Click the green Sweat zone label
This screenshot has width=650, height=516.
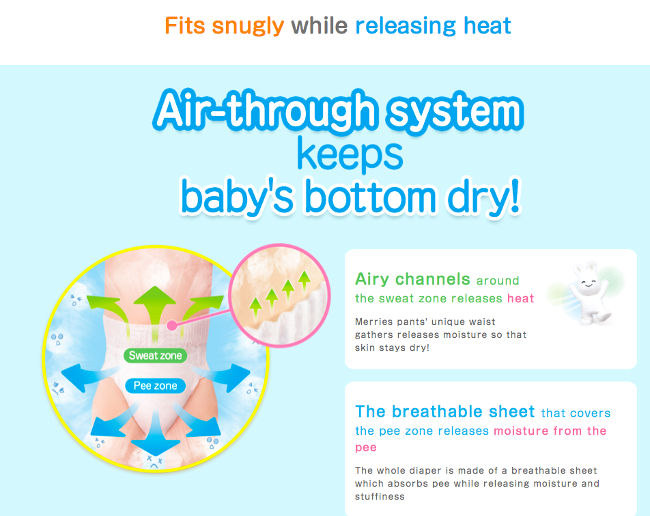pos(156,356)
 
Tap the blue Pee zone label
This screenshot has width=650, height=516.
pos(156,386)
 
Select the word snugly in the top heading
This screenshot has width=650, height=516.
pos(248,26)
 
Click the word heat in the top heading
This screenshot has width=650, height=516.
pos(487,26)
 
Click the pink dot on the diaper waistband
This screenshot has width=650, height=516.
pos(171,326)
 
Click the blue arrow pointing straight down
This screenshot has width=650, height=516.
pos(156,433)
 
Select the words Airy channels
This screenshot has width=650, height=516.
pos(412,279)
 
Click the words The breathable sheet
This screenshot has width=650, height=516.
pos(444,412)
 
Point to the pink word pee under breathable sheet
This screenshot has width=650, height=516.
pos(366,448)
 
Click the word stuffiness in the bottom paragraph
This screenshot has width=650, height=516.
pos(380,496)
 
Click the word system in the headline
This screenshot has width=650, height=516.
pos(455,111)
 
